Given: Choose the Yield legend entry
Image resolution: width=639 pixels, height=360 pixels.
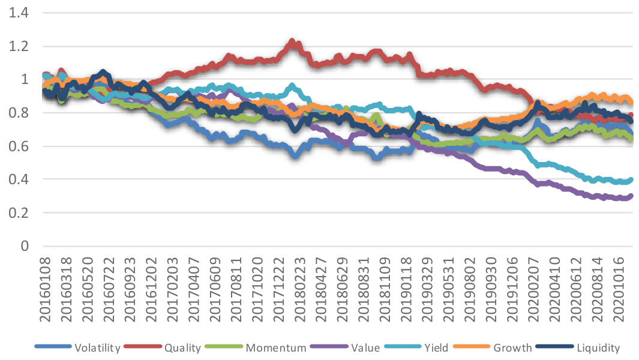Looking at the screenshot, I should pyautogui.click(x=434, y=347).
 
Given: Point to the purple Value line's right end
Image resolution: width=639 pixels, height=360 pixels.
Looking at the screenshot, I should pyautogui.click(x=631, y=196).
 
